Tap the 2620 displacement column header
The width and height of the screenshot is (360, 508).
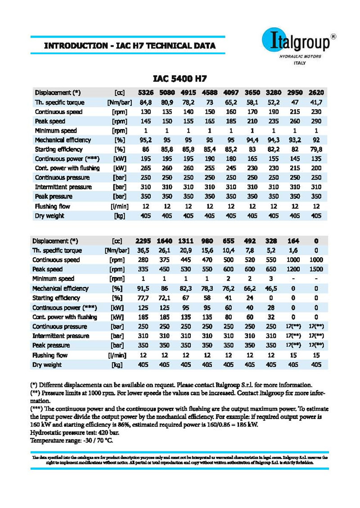tap(316, 93)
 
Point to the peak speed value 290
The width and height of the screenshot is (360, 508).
tap(316, 121)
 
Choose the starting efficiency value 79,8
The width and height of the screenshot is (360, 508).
tap(316, 149)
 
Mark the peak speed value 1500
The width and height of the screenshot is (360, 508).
tap(316, 269)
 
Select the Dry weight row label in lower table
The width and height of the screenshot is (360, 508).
tap(48, 365)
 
